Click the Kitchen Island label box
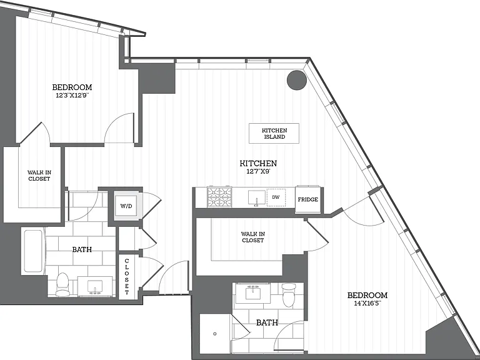[x=274, y=134]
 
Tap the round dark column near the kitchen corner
[x=297, y=80]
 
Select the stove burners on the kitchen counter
[x=219, y=197]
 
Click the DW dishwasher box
[x=276, y=197]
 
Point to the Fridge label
[x=308, y=199]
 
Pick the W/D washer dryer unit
[x=126, y=206]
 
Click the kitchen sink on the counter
[x=256, y=198]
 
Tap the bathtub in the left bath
[x=33, y=251]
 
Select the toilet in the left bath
[x=63, y=285]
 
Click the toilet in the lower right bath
[x=289, y=295]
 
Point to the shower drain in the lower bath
[x=215, y=334]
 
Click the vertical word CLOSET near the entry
[x=127, y=276]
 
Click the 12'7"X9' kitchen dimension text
[x=258, y=171]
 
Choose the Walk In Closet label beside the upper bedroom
[x=39, y=176]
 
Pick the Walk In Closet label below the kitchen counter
[x=253, y=237]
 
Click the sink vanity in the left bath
[x=95, y=286]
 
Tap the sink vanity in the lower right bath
[x=252, y=293]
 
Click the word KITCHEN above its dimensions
[x=258, y=163]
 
